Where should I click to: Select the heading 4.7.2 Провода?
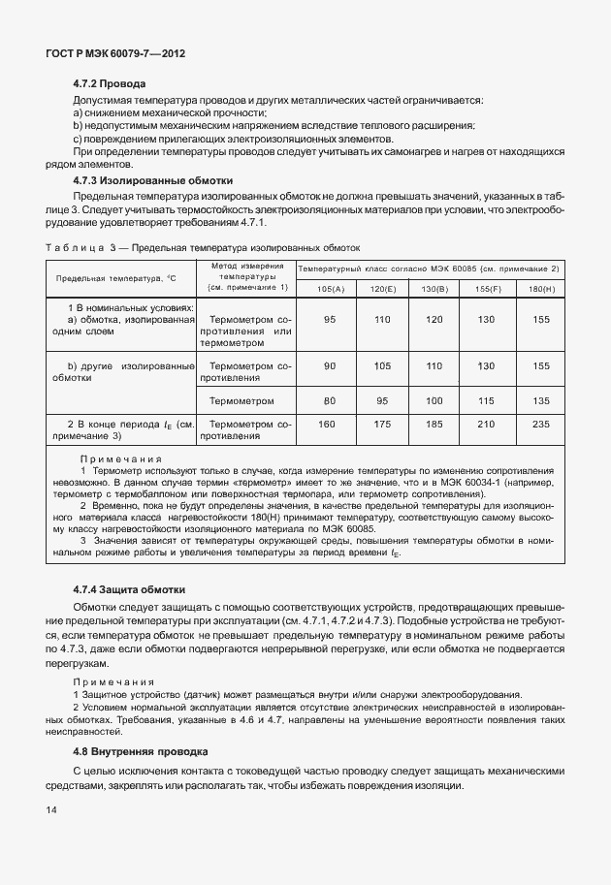pyautogui.click(x=110, y=84)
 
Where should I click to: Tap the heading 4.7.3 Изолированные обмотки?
pyautogui.click(x=153, y=180)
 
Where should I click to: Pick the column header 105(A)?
pyautogui.click(x=330, y=288)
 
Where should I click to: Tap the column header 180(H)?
pyautogui.click(x=540, y=288)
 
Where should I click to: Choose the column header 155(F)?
pyautogui.click(x=488, y=288)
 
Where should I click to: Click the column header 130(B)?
pyautogui.click(x=434, y=288)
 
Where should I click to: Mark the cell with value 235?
pyautogui.click(x=540, y=424)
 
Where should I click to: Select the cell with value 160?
pyautogui.click(x=330, y=424)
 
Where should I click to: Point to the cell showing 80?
pyautogui.click(x=330, y=400)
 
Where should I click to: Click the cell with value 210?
pyautogui.click(x=488, y=424)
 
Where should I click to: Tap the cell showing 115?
pyautogui.click(x=488, y=400)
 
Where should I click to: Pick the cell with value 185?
pyautogui.click(x=434, y=424)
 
